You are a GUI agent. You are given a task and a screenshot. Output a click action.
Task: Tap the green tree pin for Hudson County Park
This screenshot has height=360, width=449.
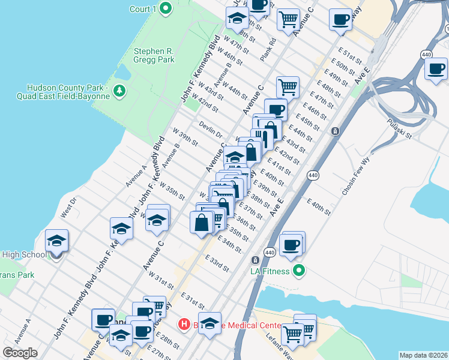(x=121, y=91)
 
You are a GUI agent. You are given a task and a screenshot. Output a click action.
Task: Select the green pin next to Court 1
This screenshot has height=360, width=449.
(x=166, y=9)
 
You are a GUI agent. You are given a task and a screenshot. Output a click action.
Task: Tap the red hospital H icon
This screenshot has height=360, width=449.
(x=185, y=325)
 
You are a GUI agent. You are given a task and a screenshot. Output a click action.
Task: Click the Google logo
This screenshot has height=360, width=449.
(x=20, y=353)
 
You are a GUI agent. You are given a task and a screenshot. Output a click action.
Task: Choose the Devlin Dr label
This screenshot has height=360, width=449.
(x=211, y=130)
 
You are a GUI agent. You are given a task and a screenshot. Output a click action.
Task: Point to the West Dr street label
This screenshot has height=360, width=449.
(x=69, y=207)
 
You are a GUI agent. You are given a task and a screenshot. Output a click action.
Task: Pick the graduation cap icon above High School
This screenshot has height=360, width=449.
(x=57, y=241)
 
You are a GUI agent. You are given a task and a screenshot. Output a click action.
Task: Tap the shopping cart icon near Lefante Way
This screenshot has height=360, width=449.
(x=292, y=333)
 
